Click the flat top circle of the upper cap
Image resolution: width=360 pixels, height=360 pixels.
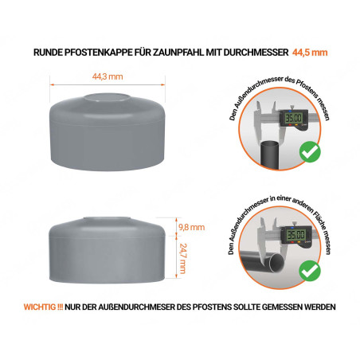tap(106, 97)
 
